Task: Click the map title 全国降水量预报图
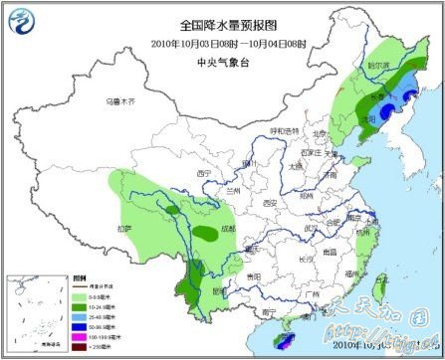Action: click(222, 24)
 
